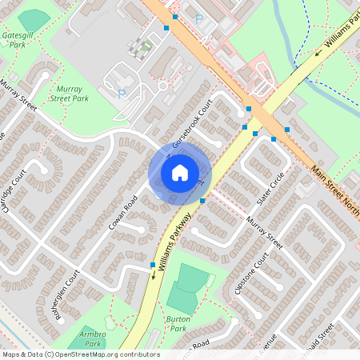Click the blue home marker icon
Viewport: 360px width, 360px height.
(180, 173)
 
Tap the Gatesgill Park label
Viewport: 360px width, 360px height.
(17, 41)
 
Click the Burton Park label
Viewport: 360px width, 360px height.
(178, 324)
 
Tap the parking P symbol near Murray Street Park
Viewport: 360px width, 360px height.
(122, 94)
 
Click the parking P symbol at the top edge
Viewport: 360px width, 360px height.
(199, 18)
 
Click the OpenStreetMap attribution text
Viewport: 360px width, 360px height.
(80, 354)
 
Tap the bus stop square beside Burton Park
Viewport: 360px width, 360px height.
(153, 265)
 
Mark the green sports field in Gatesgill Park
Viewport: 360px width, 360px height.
(34, 19)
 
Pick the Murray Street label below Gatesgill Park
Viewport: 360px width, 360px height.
(18, 93)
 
